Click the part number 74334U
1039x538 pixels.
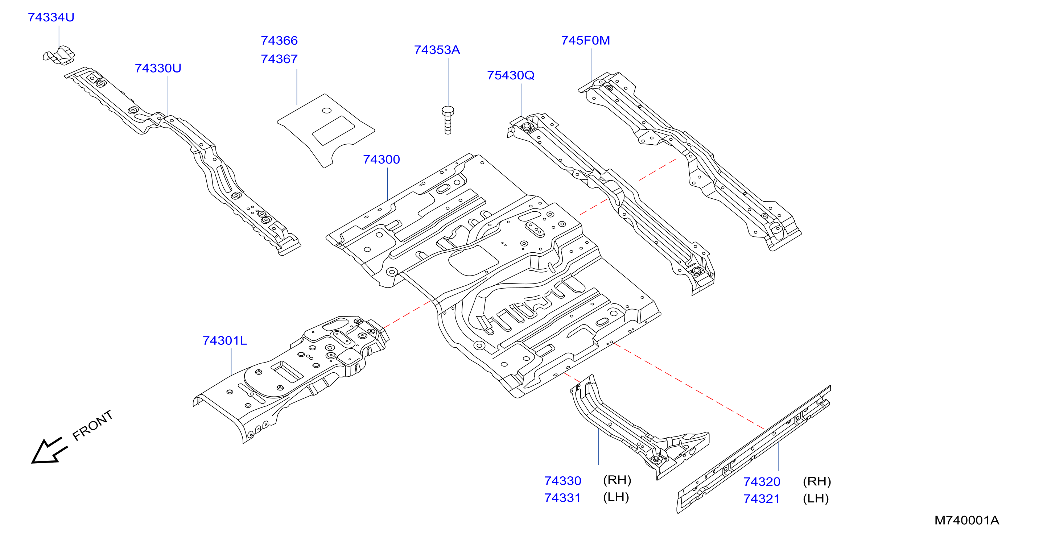tap(51, 17)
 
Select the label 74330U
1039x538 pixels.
tap(158, 68)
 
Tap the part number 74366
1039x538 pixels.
tap(279, 40)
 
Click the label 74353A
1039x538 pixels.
tap(437, 50)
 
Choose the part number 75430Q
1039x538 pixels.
tap(511, 75)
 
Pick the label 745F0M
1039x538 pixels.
tap(585, 40)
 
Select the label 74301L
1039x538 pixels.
tap(224, 340)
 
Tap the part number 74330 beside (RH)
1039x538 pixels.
tap(563, 481)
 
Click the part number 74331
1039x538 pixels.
tap(563, 498)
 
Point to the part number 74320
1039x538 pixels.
tap(762, 481)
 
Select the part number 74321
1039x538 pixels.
tap(762, 498)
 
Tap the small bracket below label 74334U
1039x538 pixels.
tap(59, 55)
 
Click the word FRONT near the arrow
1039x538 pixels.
tap(92, 426)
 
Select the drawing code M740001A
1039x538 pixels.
tap(967, 520)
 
